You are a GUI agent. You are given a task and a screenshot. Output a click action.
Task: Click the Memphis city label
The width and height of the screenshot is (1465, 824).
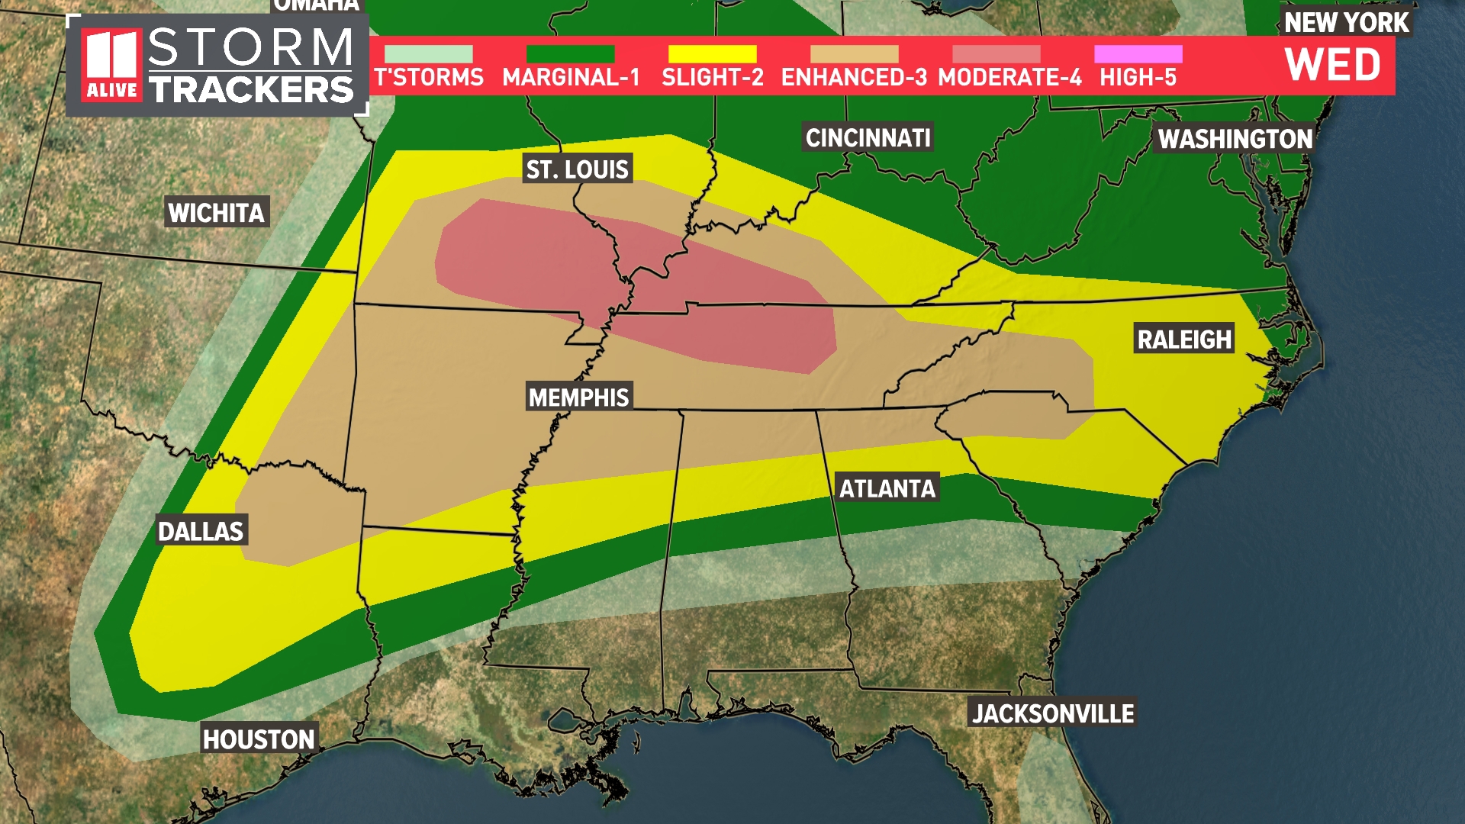(578, 398)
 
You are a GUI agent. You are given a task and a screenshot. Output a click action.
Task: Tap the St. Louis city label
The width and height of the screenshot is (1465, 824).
(577, 169)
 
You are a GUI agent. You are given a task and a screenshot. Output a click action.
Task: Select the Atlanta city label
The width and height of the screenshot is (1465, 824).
(887, 488)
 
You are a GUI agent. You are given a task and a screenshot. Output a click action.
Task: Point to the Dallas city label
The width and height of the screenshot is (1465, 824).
(200, 531)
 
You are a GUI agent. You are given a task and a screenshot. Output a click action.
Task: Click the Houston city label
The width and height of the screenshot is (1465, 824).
(258, 739)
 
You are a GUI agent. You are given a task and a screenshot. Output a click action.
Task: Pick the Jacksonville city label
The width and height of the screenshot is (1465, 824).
(1052, 713)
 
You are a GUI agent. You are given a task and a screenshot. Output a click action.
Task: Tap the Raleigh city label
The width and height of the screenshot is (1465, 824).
(1184, 340)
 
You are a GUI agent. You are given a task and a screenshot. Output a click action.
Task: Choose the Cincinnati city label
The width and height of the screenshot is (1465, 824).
(868, 138)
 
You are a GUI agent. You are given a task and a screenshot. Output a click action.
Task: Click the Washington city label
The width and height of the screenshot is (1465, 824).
(1235, 139)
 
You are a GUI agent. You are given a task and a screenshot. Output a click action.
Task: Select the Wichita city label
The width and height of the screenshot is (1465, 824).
(216, 213)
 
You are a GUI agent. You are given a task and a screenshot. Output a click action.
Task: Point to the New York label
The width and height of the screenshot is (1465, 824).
(1346, 23)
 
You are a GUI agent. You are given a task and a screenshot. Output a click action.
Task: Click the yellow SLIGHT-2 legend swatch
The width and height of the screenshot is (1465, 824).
(712, 54)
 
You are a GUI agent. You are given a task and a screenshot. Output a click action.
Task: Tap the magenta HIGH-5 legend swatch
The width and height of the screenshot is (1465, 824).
(1138, 54)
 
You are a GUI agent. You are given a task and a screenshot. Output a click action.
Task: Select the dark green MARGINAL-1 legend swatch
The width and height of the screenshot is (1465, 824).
(570, 54)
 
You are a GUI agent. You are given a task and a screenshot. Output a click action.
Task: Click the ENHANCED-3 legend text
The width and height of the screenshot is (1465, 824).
(854, 78)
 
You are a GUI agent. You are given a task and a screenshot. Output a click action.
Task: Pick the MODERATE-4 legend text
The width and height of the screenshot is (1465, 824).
(1009, 78)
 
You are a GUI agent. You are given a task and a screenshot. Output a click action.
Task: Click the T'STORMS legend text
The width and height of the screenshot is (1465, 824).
(429, 78)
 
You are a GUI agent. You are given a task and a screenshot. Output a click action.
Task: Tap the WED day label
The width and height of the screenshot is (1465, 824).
(1332, 65)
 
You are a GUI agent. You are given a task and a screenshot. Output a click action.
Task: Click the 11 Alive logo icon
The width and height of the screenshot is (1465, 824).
(112, 66)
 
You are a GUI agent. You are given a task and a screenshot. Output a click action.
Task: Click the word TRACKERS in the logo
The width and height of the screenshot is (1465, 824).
(251, 90)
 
